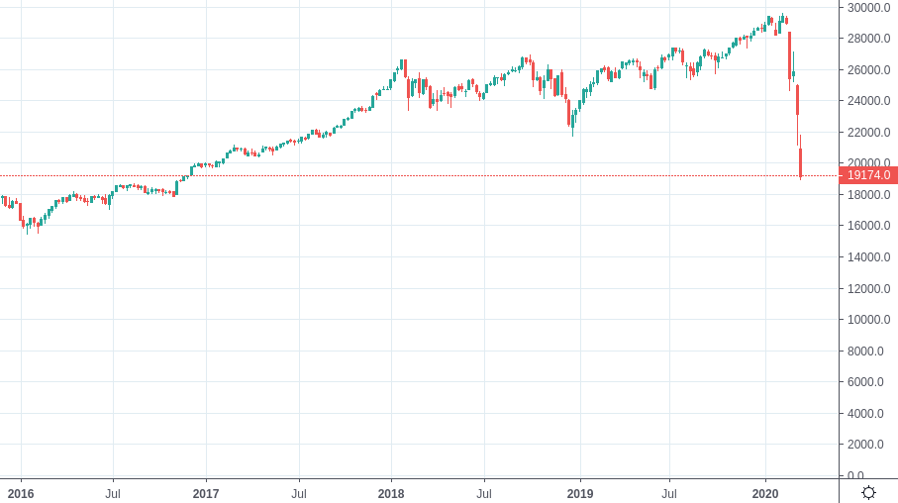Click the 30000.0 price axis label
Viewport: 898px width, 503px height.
point(868,8)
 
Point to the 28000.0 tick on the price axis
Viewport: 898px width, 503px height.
point(868,39)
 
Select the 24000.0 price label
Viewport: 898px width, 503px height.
point(868,101)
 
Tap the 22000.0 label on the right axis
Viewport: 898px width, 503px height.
point(868,133)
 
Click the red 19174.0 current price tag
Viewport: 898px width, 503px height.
point(868,175)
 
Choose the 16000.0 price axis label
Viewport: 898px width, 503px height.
point(868,226)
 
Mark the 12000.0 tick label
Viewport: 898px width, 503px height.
point(868,289)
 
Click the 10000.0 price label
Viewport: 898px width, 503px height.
point(868,320)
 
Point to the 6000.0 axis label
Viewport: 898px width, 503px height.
point(865,382)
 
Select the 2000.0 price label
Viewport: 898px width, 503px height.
point(865,445)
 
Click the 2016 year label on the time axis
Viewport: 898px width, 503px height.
point(21,494)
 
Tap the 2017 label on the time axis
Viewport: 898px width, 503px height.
point(206,494)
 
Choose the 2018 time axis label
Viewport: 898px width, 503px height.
point(391,494)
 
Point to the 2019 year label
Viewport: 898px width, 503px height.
point(579,494)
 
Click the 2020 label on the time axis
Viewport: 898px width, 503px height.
point(765,494)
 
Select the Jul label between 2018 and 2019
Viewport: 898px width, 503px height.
point(484,494)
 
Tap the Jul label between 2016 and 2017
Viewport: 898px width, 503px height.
point(113,494)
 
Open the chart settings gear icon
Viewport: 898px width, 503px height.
point(868,493)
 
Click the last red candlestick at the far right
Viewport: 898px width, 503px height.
point(801,162)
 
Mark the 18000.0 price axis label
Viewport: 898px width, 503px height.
point(868,195)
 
